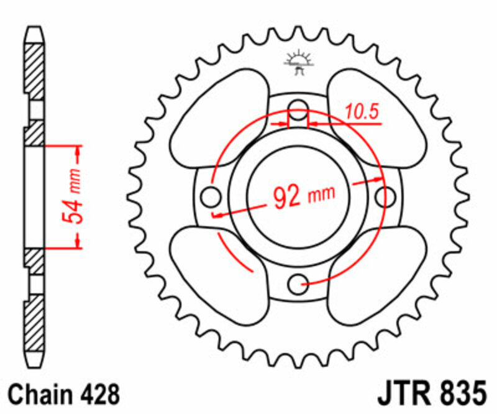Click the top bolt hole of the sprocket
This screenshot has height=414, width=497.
tap(299, 106)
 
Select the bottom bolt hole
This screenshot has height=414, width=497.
tap(299, 284)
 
